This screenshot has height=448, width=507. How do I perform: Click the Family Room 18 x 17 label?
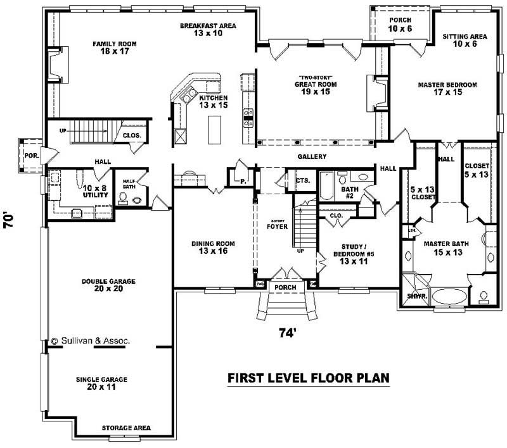coord(114,48)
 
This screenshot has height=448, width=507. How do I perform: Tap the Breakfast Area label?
coord(208,29)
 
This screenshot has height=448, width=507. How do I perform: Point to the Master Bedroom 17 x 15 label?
coord(447,88)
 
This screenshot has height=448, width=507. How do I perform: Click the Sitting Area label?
coord(464,40)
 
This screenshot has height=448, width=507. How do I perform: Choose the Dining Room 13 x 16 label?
coord(213,247)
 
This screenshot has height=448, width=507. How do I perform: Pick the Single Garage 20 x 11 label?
coord(101,383)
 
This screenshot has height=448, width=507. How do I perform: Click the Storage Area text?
coord(127,428)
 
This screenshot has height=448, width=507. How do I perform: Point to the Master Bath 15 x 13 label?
coord(445,247)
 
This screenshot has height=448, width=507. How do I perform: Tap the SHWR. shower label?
coord(416,296)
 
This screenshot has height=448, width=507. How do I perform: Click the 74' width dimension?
coord(287,333)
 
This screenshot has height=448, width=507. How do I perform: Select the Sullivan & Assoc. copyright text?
coord(91,340)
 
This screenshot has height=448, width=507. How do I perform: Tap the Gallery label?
coord(312,156)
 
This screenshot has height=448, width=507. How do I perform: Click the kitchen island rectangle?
coord(215,130)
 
